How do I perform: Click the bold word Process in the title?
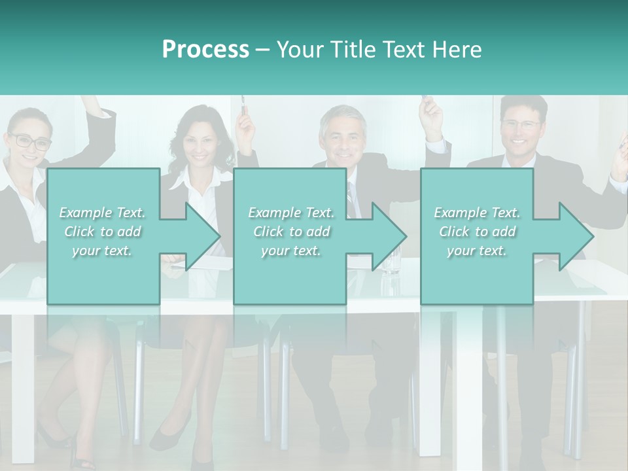point(205,50)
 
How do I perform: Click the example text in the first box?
point(102,231)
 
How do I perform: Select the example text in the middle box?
point(290,231)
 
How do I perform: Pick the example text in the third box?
point(477,231)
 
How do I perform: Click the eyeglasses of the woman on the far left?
point(29,141)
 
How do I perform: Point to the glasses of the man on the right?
point(521,124)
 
